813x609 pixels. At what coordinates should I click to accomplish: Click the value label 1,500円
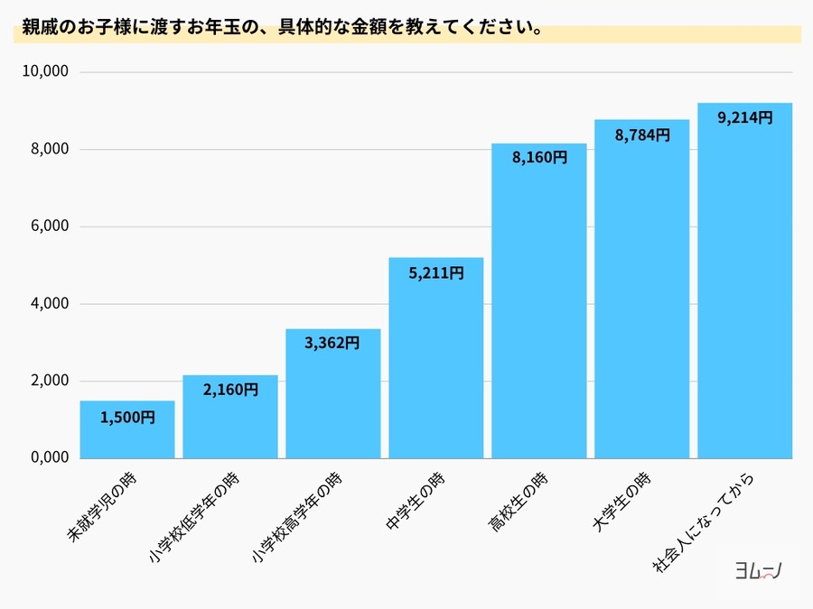coord(127,418)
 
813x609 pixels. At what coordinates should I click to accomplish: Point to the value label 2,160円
coord(230,391)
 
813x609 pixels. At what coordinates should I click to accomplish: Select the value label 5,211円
coord(436,272)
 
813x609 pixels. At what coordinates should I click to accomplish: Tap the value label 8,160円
coord(539,158)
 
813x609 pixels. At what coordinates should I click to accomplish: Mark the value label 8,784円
coord(642,135)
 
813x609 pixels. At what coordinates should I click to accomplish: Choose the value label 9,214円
coord(744,118)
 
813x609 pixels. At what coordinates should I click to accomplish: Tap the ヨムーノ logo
coord(758,570)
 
